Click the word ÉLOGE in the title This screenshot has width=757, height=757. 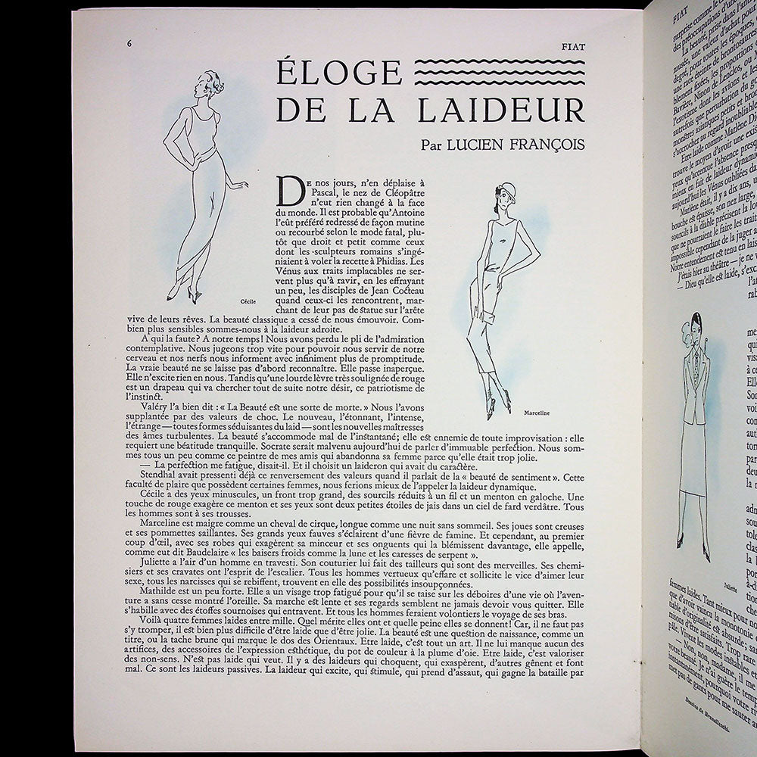[x=338, y=73]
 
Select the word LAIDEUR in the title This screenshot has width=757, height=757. [x=501, y=109]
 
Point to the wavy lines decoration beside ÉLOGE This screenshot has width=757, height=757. [x=500, y=71]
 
